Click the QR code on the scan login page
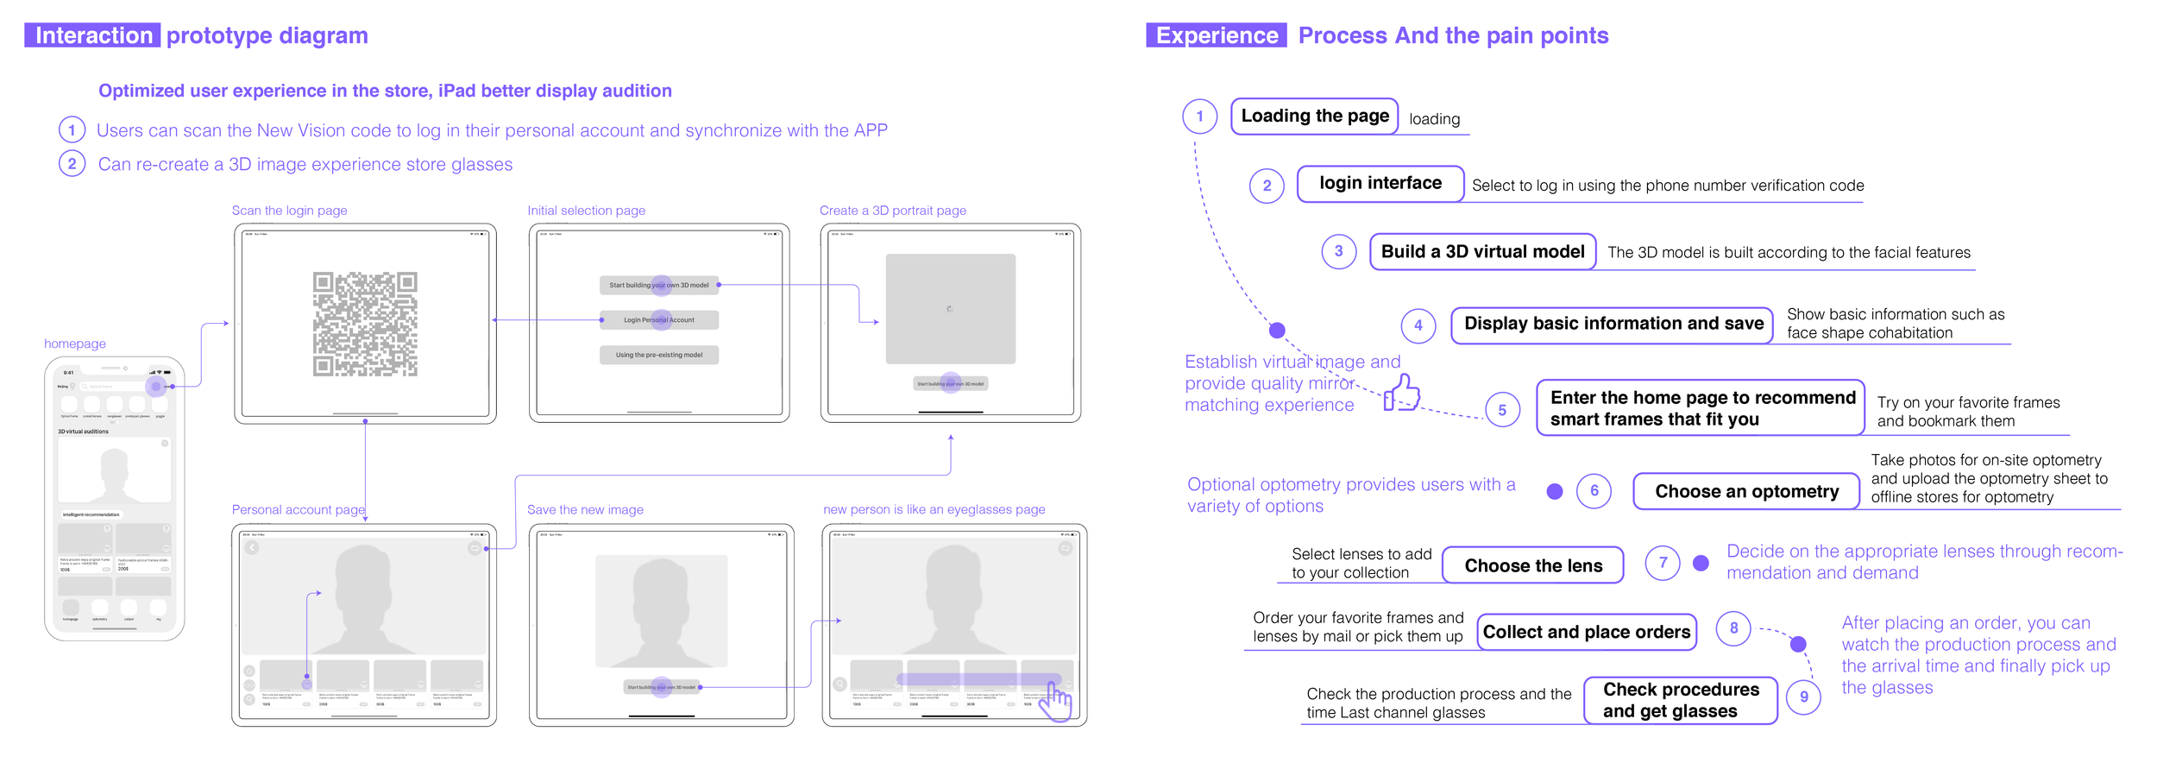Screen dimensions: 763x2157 click(x=365, y=324)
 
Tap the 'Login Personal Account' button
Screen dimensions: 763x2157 click(x=659, y=320)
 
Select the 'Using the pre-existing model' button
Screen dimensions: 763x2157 click(x=659, y=355)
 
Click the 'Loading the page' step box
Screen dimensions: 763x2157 click(x=1314, y=117)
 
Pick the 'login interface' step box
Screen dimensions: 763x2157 click(x=1380, y=184)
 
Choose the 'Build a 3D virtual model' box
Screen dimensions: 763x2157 click(x=1482, y=252)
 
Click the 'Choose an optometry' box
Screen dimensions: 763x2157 click(x=1746, y=492)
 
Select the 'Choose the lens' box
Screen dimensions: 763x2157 click(x=1532, y=566)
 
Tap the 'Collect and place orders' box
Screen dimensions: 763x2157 click(x=1586, y=633)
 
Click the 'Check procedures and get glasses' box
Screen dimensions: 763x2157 click(x=1680, y=701)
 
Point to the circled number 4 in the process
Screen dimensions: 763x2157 click(x=1418, y=325)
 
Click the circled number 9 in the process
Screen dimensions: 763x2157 click(x=1803, y=697)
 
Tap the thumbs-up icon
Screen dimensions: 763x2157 click(x=1402, y=394)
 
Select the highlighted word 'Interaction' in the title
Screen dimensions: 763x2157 click(x=93, y=35)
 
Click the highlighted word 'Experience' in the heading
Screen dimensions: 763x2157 click(x=1217, y=35)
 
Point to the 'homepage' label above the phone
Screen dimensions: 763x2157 click(x=75, y=344)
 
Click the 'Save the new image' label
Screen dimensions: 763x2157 click(x=585, y=510)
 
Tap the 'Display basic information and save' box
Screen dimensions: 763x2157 click(x=1613, y=325)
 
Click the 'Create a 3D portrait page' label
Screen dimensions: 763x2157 click(x=892, y=211)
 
